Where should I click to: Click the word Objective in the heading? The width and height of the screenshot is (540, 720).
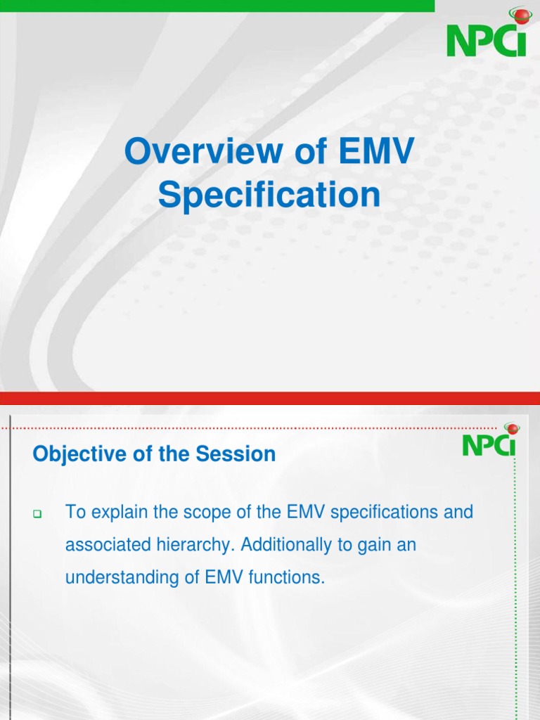(72, 454)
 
